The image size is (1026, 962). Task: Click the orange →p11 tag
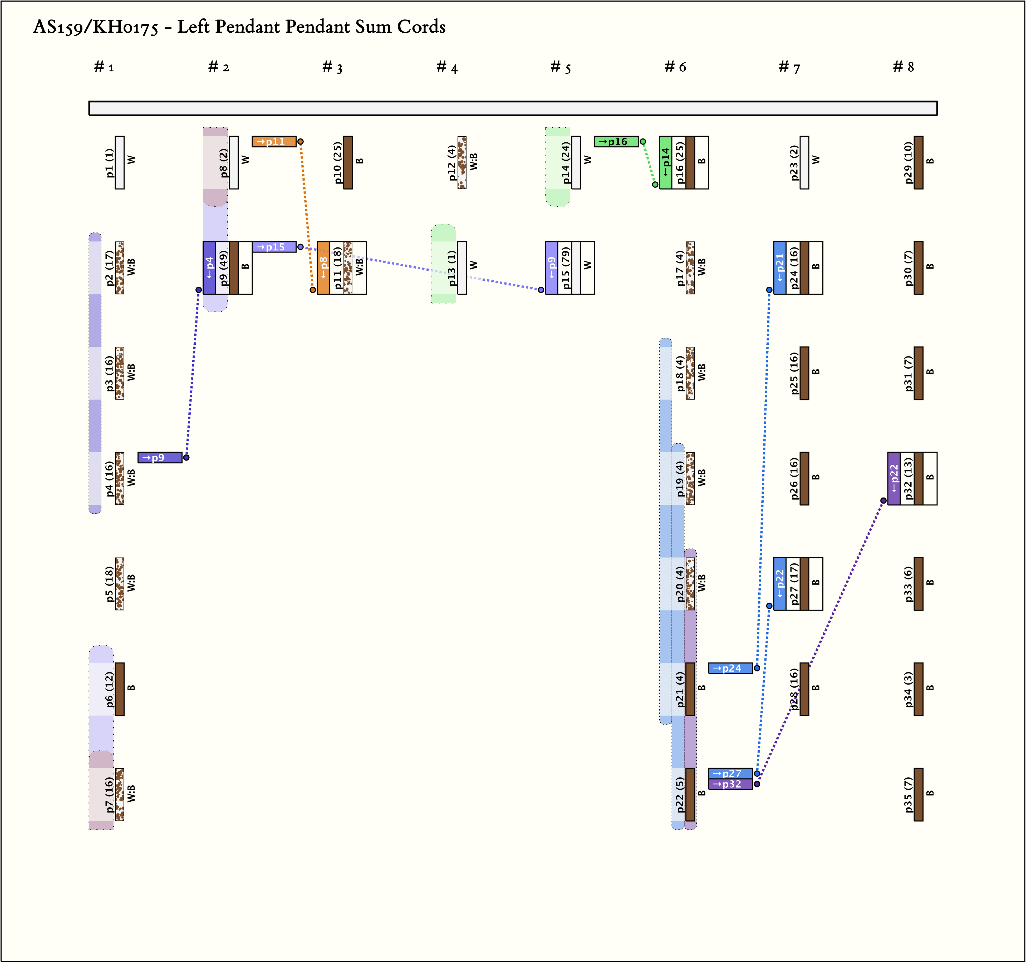click(274, 141)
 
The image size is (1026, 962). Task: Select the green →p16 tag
click(616, 141)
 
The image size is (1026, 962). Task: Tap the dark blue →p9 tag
click(160, 458)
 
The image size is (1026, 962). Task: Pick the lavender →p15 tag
click(274, 247)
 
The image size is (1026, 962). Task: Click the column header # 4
click(447, 67)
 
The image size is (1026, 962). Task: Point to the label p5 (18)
click(109, 584)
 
